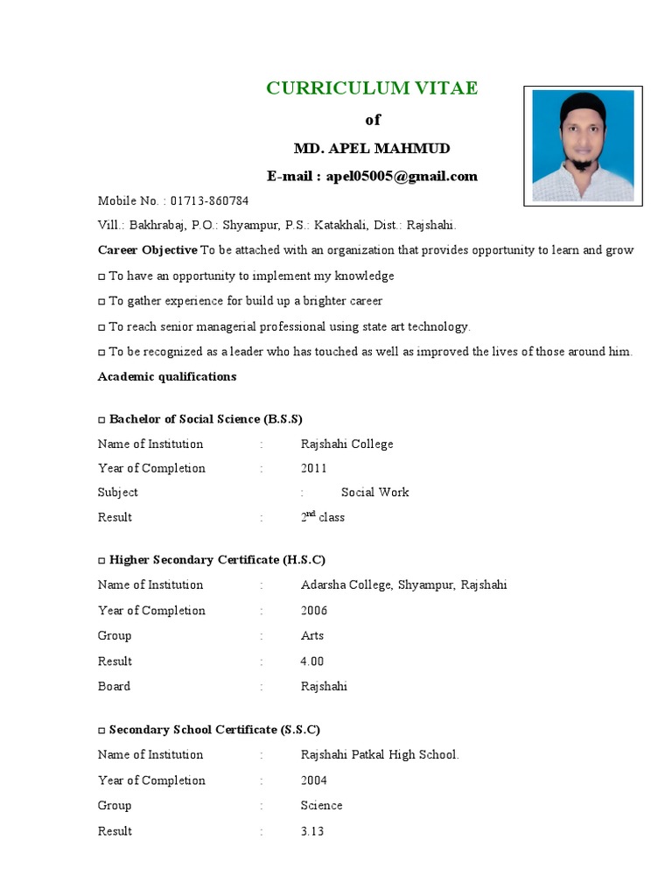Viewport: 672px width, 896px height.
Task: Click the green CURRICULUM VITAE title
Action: click(372, 88)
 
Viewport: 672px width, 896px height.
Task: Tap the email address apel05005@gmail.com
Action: click(402, 176)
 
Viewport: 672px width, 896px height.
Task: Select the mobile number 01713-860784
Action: click(209, 200)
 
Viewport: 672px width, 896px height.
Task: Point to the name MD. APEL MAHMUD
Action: click(372, 148)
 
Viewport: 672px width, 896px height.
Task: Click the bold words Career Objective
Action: click(147, 250)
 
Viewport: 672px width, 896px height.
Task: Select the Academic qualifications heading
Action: click(166, 376)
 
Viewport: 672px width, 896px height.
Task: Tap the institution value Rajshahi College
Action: click(346, 444)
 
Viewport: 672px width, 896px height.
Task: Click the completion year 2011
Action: click(314, 468)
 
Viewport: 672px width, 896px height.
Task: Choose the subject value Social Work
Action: click(374, 492)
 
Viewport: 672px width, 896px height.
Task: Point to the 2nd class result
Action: click(322, 517)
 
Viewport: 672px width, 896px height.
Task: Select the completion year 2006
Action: click(314, 610)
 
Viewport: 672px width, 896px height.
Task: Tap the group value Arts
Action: click(311, 635)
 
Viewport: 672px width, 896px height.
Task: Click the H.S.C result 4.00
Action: click(312, 661)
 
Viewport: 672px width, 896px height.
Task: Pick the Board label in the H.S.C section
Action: click(114, 686)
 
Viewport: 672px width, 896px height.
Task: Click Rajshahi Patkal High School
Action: click(379, 754)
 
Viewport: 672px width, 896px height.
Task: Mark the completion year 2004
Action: click(314, 780)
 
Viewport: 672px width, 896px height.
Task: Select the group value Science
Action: click(321, 805)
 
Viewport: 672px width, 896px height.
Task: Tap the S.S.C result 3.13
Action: click(312, 830)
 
